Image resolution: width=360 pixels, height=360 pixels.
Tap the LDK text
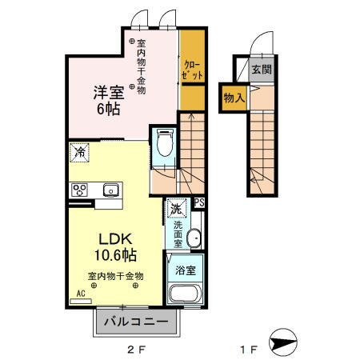coord(114,238)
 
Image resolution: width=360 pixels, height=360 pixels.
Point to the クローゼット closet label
coord(191,69)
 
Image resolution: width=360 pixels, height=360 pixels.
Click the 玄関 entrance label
coord(262,69)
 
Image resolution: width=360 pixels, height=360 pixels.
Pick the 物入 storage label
coord(233,96)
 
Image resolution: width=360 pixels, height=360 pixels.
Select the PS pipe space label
coord(199,203)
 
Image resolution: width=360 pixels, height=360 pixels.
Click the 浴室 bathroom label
coord(186,265)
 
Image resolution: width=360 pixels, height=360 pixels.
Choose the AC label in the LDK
coord(79,294)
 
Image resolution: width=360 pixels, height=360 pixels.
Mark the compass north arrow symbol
coord(286,344)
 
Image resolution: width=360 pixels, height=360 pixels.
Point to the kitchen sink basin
coord(110,190)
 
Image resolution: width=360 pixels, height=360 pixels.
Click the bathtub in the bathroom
coord(186,291)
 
